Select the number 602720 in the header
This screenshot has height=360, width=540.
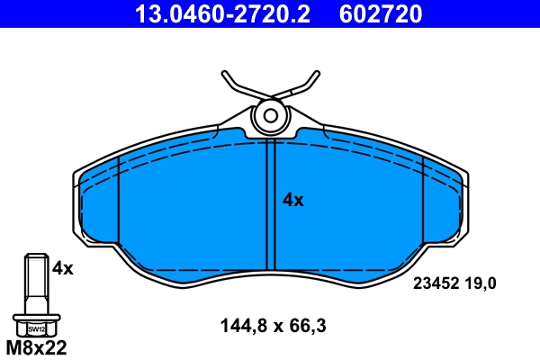(x=381, y=14)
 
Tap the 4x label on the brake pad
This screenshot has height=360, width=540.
(x=293, y=201)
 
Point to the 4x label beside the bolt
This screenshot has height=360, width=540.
(x=62, y=267)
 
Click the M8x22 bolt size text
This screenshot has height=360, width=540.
(x=37, y=346)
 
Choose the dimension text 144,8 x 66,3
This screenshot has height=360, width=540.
(x=273, y=328)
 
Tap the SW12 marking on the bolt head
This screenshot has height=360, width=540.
(x=36, y=328)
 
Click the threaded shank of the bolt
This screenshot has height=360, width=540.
(x=35, y=283)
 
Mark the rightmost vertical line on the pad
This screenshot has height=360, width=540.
(x=422, y=202)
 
